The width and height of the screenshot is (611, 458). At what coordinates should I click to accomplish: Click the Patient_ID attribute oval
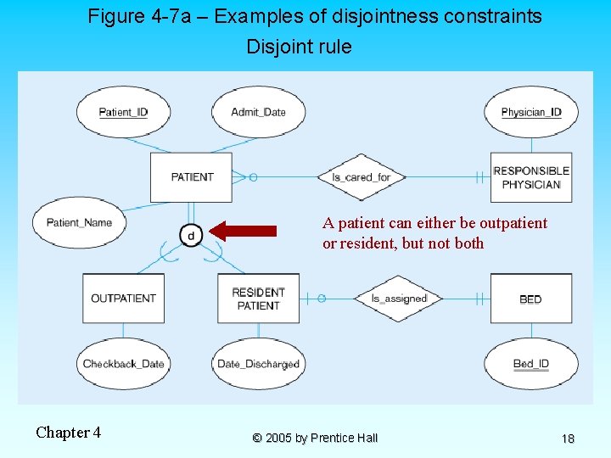(x=123, y=112)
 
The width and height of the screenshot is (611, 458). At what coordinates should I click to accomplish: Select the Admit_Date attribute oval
(x=258, y=112)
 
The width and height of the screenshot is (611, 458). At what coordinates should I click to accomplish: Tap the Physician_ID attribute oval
(x=530, y=112)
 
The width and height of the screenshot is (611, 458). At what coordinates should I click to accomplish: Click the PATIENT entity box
(x=192, y=177)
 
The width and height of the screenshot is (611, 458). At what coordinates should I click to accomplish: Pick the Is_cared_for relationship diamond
(x=361, y=177)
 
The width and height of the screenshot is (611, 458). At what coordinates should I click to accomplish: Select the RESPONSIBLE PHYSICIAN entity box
(x=531, y=177)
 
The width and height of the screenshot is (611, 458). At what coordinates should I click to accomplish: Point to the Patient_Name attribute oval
(x=79, y=223)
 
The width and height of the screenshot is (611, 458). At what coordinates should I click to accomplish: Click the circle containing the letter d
(x=191, y=234)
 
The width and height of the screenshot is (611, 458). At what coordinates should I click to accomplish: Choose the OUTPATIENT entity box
(x=123, y=299)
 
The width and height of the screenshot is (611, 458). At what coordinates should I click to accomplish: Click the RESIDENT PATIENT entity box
(x=258, y=299)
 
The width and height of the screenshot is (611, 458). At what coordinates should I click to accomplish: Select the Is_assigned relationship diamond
(x=399, y=299)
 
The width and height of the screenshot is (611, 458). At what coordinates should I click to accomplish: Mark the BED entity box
(x=530, y=299)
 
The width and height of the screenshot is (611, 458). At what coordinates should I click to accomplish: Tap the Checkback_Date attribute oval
(x=123, y=364)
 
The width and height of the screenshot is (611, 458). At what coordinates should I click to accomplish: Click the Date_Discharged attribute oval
(x=258, y=364)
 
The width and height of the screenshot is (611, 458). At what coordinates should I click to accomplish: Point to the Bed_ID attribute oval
(x=530, y=364)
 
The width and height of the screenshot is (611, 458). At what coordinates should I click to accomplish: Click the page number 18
(x=568, y=438)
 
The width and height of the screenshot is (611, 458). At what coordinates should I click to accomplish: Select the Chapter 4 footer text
(x=69, y=433)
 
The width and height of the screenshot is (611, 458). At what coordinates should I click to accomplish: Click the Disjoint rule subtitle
(x=299, y=47)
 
